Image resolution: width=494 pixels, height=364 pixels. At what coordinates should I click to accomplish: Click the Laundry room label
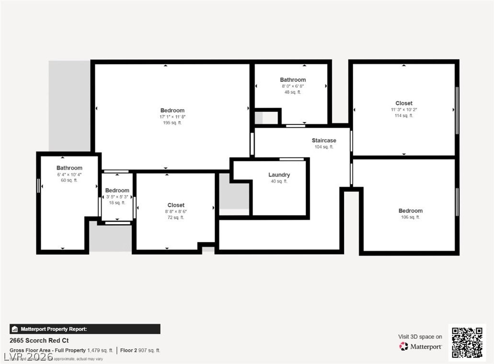tap(279, 175)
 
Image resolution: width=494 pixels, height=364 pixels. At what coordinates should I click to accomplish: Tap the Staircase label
tap(324, 141)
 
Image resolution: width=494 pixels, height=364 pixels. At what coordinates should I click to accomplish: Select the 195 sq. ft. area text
tap(172, 123)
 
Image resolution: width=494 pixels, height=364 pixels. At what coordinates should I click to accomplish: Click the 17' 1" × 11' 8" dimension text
tap(172, 117)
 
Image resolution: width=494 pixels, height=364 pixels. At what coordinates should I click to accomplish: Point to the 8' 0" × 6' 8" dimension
tap(293, 86)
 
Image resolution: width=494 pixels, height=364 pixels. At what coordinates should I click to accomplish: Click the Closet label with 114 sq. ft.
tap(404, 103)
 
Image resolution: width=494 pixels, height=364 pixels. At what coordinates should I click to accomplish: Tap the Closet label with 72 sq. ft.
tap(176, 205)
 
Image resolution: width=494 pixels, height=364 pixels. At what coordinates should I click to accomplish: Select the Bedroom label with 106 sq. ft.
tap(411, 211)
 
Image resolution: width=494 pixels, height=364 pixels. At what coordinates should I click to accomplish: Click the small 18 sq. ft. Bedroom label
tap(117, 190)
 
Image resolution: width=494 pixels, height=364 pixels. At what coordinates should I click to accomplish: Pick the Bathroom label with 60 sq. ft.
tap(69, 168)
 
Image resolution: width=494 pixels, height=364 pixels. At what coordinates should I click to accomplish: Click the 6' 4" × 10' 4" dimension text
tap(69, 175)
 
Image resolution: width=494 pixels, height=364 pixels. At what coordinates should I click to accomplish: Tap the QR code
tap(467, 343)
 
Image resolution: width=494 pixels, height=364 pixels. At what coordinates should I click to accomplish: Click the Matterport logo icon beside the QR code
tap(404, 346)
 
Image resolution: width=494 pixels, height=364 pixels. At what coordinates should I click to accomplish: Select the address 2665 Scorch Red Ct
tap(39, 341)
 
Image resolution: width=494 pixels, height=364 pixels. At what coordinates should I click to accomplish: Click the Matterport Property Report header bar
tap(85, 329)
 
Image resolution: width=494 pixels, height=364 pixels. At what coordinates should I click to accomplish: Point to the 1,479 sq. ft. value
tap(100, 350)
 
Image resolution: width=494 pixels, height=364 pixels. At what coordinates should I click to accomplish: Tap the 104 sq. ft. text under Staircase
tap(324, 147)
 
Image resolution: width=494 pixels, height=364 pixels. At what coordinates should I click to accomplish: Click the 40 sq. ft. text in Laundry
tap(279, 181)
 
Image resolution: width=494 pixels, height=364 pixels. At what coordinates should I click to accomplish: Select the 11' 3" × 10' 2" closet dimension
tap(404, 110)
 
